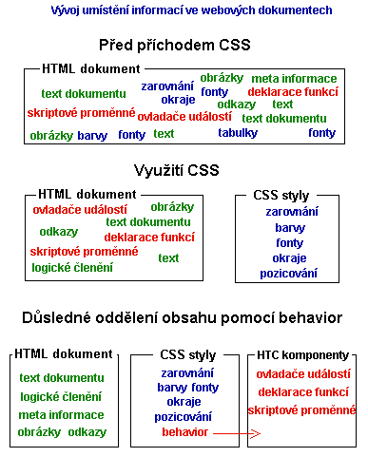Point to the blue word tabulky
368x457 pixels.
[237, 134]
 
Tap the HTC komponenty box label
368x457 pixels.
[303, 354]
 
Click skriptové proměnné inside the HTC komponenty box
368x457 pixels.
[301, 409]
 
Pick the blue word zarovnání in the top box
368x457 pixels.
[167, 86]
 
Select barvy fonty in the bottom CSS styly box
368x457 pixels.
[187, 387]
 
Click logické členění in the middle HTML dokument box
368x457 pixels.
[72, 267]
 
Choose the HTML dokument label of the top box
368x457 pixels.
[91, 69]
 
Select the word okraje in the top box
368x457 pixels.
[177, 99]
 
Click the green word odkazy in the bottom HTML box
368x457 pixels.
[87, 432]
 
